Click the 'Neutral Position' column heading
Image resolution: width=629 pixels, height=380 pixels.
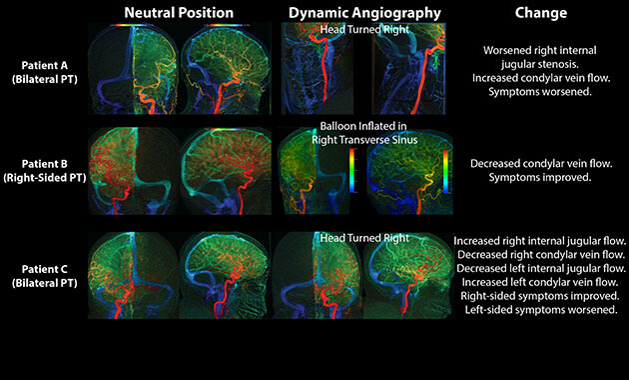(x=179, y=13)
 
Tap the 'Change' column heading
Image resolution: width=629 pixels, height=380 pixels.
(x=542, y=13)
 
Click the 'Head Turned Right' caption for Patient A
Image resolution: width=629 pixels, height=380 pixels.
(x=364, y=29)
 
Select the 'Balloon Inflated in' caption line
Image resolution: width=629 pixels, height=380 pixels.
(x=364, y=127)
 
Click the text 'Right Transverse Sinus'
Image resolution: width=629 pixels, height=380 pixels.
(x=364, y=141)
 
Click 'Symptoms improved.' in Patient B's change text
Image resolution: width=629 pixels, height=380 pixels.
(x=540, y=178)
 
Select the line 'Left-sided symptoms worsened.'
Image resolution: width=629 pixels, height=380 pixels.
(x=540, y=311)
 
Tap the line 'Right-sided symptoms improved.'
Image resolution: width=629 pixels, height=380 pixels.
(x=540, y=297)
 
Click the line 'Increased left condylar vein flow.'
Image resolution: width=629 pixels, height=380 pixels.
(x=540, y=283)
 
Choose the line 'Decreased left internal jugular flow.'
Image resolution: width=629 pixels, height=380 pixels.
(x=540, y=269)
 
